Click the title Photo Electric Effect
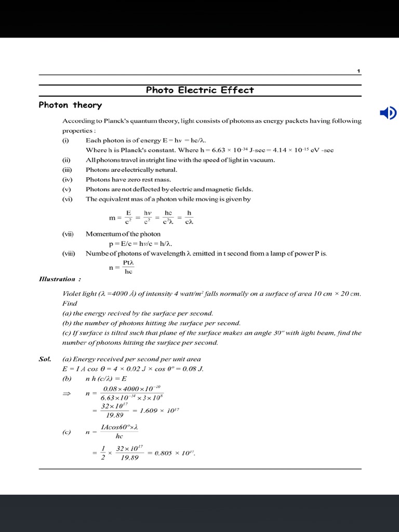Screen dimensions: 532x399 click(x=199, y=90)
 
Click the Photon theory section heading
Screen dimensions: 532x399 click(x=70, y=105)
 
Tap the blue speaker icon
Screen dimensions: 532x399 click(x=388, y=113)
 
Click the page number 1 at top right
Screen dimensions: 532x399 click(x=358, y=71)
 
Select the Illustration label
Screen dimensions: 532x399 click(x=57, y=280)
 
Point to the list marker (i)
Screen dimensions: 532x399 click(x=65, y=140)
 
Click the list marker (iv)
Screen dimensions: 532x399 click(x=66, y=180)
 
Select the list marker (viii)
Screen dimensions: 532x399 click(x=68, y=254)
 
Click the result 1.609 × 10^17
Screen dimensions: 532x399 click(x=163, y=410)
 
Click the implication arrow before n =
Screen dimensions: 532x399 click(x=66, y=394)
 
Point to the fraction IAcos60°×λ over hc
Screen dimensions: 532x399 click(x=119, y=432)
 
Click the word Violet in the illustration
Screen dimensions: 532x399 click(x=72, y=294)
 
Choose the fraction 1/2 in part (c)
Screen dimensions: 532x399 click(x=103, y=453)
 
